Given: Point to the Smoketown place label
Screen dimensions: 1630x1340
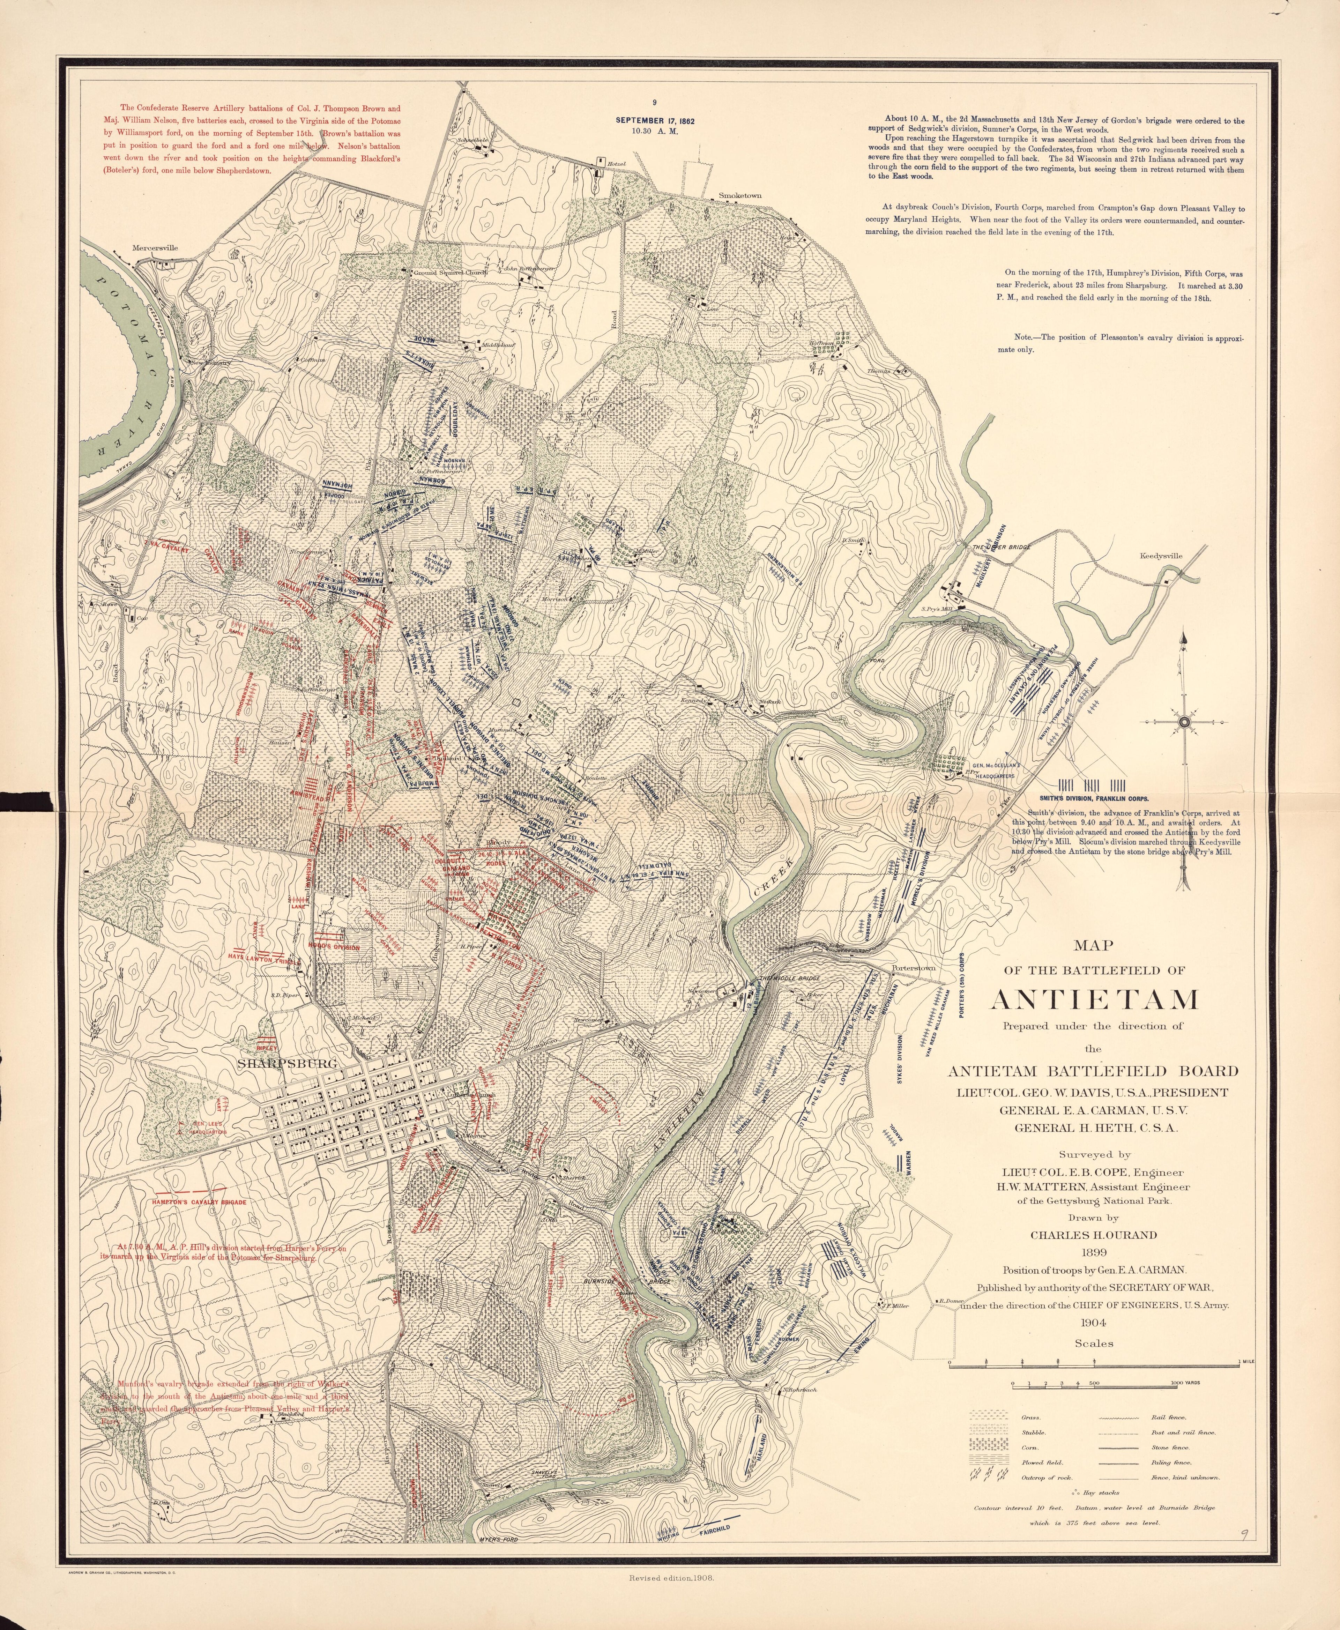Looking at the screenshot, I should [x=739, y=196].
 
